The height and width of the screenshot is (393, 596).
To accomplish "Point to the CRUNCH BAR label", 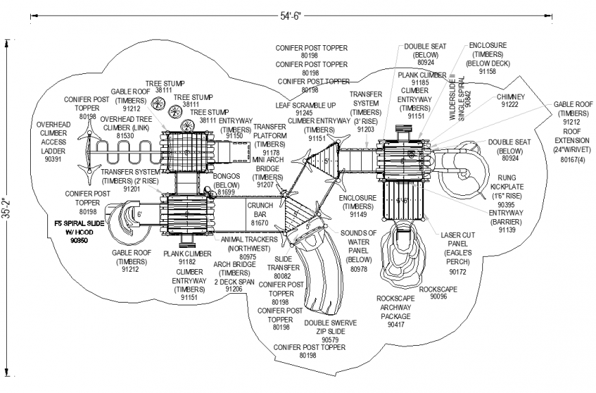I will pyautogui.click(x=260, y=210).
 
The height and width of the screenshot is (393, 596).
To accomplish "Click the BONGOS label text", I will pyautogui.click(x=227, y=180).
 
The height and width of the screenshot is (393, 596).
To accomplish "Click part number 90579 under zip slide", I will pyautogui.click(x=330, y=340).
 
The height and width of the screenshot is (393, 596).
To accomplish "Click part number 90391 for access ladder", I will pyautogui.click(x=53, y=159).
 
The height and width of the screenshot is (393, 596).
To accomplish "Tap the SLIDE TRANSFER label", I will pyautogui.click(x=284, y=263).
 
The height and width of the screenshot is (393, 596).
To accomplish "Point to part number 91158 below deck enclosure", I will pyautogui.click(x=487, y=71).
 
